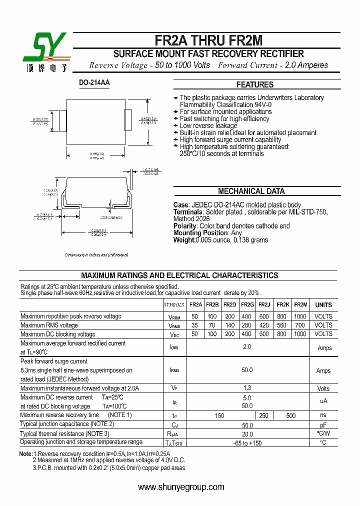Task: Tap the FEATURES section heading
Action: (x=254, y=84)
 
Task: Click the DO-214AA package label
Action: (x=94, y=82)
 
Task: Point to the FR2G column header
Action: (x=247, y=304)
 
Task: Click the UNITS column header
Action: (x=323, y=304)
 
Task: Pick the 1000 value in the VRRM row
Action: (x=300, y=316)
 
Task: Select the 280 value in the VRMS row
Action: (x=247, y=325)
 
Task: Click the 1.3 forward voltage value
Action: (x=247, y=388)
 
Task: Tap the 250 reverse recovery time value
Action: (x=263, y=415)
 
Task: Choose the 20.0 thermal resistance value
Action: (x=247, y=434)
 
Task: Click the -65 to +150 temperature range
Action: (x=247, y=443)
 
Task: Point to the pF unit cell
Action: (x=323, y=424)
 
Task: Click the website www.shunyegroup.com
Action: (x=180, y=487)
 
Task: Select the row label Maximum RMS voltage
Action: (x=49, y=325)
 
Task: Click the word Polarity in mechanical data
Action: (x=185, y=226)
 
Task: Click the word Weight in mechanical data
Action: (x=184, y=240)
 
